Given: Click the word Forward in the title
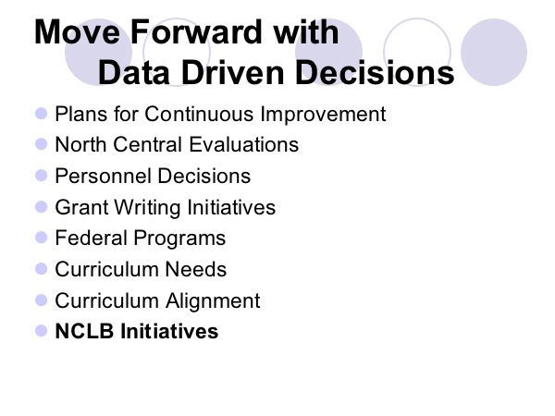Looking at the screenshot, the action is point(199,31).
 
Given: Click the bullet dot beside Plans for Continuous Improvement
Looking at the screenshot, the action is point(42,114).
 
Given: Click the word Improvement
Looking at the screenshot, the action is point(323,115).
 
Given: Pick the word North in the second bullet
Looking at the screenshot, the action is point(81,145).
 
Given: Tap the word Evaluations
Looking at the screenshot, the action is point(244,145).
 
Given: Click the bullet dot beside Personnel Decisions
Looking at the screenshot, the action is point(42,176).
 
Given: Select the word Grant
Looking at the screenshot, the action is point(81,207).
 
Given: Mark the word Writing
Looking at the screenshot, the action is point(148,208).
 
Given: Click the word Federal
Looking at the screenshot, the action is point(92,238).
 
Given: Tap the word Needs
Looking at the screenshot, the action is point(196,269).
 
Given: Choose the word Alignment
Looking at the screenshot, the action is point(213,301).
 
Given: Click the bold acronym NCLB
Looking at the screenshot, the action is point(84,331).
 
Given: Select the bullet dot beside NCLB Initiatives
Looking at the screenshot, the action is point(42,331).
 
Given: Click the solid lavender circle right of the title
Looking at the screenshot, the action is point(494,52).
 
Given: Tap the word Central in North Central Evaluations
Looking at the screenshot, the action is point(148,145).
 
